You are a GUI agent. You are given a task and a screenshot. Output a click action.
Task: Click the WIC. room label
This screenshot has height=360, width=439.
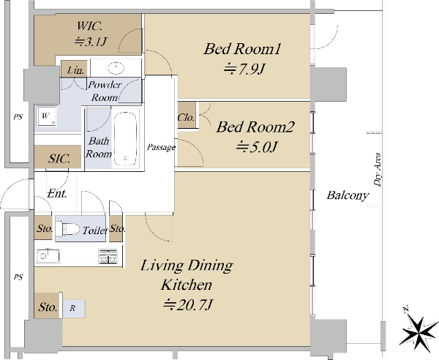click(89, 26)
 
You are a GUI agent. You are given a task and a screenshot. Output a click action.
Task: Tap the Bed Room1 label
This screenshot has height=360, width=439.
click(242, 49)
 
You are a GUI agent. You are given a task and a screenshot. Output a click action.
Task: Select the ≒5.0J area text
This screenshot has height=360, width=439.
click(257, 146)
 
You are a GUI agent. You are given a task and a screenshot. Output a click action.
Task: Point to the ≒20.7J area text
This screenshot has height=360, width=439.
click(189, 304)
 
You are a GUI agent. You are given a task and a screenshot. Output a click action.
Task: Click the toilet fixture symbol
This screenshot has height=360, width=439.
click(67, 229)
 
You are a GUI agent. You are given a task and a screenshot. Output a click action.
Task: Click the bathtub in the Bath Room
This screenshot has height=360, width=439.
click(125, 138)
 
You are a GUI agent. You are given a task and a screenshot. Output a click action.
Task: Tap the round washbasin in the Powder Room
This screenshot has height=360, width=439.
click(116, 67)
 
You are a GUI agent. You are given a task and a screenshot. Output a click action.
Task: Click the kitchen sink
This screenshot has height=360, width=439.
click(48, 256)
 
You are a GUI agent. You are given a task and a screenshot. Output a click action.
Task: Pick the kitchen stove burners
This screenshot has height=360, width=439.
click(108, 256)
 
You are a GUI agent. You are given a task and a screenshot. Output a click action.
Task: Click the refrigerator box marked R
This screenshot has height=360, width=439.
click(73, 308)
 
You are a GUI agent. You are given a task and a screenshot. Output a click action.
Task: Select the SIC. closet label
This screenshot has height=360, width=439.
click(59, 159)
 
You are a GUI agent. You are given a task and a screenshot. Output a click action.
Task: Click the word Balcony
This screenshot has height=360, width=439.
click(348, 195)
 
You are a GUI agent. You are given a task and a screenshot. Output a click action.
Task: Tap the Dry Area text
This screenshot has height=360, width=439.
click(378, 169)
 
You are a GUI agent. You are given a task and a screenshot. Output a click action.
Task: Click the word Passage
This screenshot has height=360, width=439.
click(161, 147)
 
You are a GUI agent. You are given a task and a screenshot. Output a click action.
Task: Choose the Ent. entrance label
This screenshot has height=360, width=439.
click(57, 193)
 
